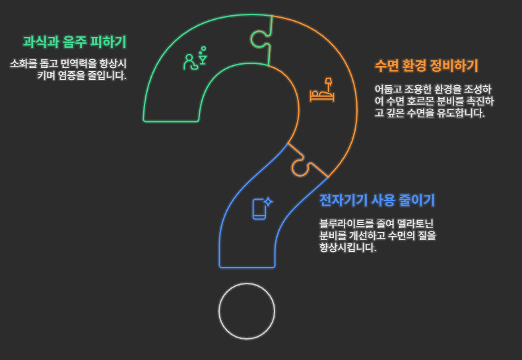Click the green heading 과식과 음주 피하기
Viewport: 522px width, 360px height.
click(74, 42)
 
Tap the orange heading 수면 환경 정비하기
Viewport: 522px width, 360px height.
click(426, 66)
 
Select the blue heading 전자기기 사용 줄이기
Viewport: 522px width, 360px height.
click(377, 200)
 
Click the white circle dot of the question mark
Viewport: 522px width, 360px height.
click(247, 311)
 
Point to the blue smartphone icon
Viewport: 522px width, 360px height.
click(260, 208)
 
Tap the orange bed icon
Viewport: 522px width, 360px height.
click(323, 91)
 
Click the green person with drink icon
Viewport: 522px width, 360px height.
click(195, 59)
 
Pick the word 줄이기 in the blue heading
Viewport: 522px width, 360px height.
click(418, 200)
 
